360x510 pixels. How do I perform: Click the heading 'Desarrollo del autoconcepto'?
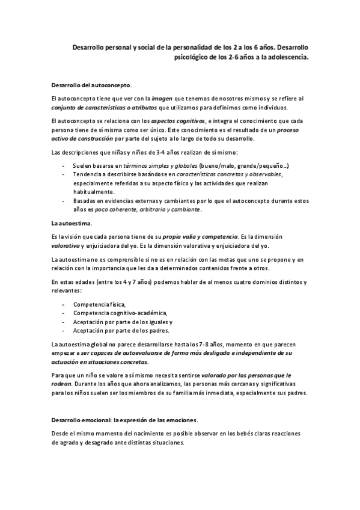point(91,85)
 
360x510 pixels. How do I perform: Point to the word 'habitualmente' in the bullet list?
point(93,191)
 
